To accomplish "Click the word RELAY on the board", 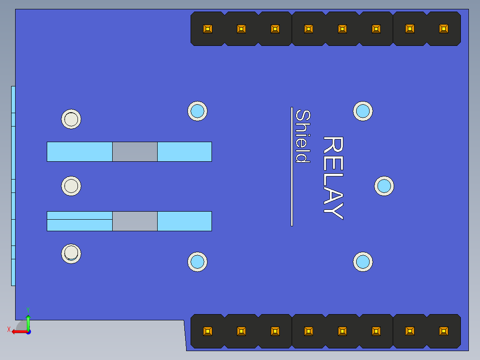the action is [x=334, y=178].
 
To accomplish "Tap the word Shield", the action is [x=303, y=136].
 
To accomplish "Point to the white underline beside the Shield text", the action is [x=292, y=167].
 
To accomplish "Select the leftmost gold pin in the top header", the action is [x=207, y=29].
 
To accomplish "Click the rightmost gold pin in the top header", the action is [x=443, y=29].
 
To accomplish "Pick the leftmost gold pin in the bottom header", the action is [x=207, y=331].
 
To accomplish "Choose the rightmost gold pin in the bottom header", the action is [x=443, y=331].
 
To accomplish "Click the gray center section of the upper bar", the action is [x=134, y=151].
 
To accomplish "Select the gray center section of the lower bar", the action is [x=134, y=221].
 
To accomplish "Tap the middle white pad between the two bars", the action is [x=71, y=186].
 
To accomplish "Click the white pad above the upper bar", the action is [x=71, y=119].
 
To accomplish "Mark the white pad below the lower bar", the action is [x=71, y=254].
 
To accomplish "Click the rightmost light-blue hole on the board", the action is [x=384, y=186].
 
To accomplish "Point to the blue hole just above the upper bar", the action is [x=197, y=111].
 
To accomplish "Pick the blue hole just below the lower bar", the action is [x=197, y=262].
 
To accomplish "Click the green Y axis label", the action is [x=28, y=310].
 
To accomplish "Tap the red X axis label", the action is [x=9, y=329].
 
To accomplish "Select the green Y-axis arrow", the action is [x=28, y=323].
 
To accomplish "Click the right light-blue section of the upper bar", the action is [x=185, y=151].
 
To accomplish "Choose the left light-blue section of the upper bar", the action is [x=80, y=151].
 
